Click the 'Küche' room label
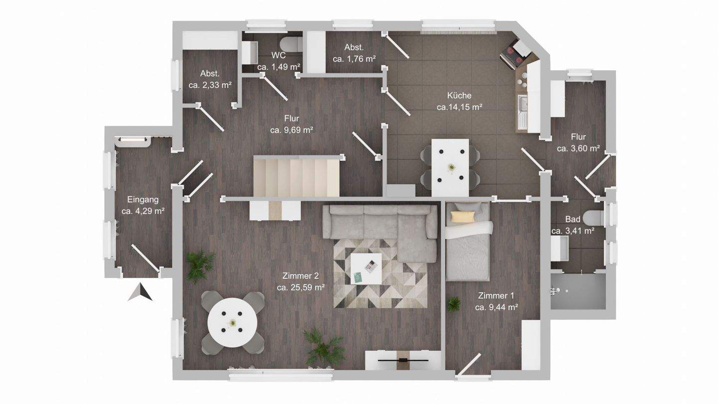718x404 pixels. pyautogui.click(x=459, y=96)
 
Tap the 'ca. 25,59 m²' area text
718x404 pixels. pyautogui.click(x=301, y=288)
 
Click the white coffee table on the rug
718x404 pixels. pyautogui.click(x=366, y=269)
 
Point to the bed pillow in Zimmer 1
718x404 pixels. pyautogui.click(x=463, y=217)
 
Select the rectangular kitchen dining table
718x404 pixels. pyautogui.click(x=450, y=168)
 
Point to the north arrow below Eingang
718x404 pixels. pyautogui.click(x=140, y=292)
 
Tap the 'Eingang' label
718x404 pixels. pyautogui.click(x=143, y=200)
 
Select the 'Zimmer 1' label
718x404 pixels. pyautogui.click(x=496, y=295)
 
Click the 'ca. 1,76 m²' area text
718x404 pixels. pyautogui.click(x=354, y=59)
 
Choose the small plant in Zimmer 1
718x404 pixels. pyautogui.click(x=454, y=304)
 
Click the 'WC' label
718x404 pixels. pyautogui.click(x=278, y=55)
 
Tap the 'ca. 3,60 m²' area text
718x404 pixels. pyautogui.click(x=578, y=149)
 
